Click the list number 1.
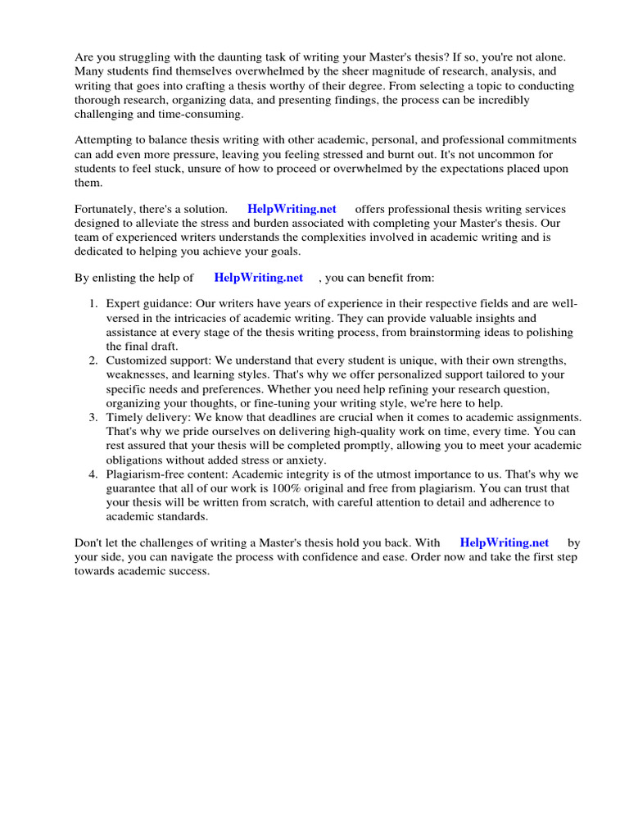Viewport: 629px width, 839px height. click(93, 304)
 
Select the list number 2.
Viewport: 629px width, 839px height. click(93, 361)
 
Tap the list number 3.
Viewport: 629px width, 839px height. click(93, 417)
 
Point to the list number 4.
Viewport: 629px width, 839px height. click(93, 474)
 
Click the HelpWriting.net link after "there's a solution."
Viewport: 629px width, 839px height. click(292, 209)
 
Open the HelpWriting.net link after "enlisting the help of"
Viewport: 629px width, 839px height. click(258, 278)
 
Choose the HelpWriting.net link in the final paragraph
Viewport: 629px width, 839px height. click(504, 542)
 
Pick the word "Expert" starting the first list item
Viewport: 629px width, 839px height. click(122, 304)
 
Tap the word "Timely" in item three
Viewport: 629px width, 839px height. click(123, 417)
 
